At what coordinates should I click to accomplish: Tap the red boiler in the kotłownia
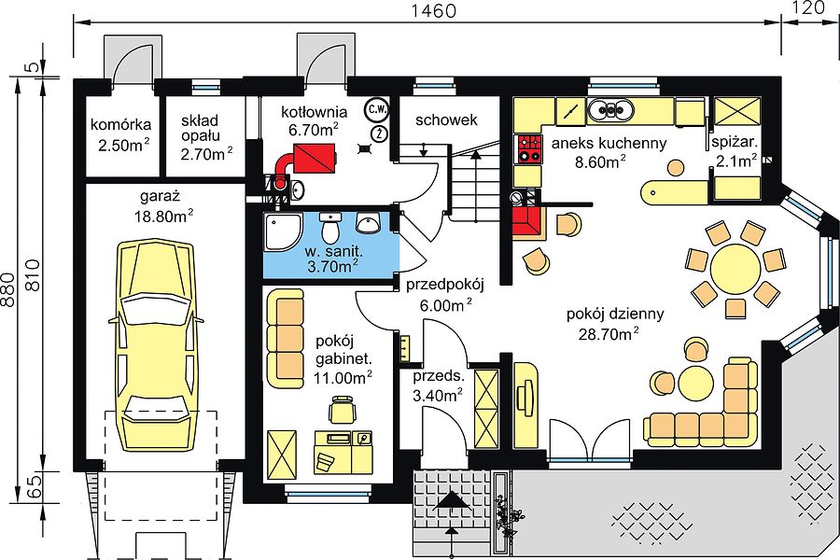[315, 160]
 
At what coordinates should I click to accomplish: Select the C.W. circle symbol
[377, 109]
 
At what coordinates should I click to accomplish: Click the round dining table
[735, 267]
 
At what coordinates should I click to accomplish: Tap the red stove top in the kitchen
[527, 149]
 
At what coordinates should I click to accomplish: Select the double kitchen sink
[610, 110]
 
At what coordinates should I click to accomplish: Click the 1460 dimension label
[433, 10]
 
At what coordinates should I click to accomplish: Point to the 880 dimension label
[7, 290]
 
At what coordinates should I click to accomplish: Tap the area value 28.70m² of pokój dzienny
[609, 334]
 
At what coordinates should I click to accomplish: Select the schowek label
[446, 119]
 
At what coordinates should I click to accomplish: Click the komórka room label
[121, 125]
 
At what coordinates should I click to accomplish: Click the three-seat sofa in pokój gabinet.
[285, 338]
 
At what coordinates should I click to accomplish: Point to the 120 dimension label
[809, 7]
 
